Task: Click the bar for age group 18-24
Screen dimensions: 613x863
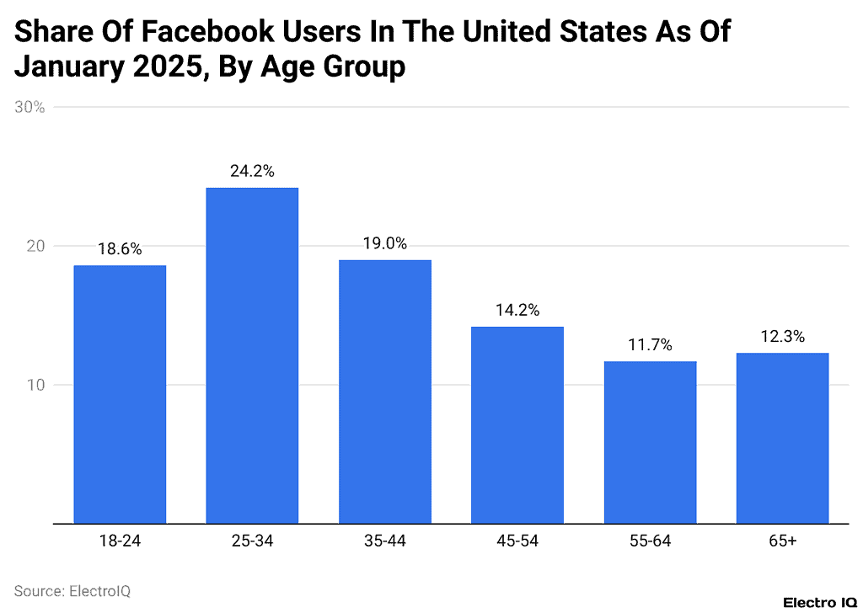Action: (120, 394)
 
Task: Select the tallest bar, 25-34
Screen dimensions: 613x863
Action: (252, 355)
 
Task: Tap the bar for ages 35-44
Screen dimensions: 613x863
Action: (384, 392)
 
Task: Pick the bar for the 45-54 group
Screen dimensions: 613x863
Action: (517, 425)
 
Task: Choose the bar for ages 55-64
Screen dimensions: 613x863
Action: (650, 442)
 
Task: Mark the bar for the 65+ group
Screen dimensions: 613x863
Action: (782, 438)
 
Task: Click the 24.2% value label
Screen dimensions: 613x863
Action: (252, 171)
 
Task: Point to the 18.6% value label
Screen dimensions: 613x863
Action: (120, 249)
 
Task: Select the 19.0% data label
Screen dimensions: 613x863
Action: (384, 243)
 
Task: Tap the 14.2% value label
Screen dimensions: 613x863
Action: (517, 310)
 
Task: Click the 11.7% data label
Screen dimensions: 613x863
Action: (650, 344)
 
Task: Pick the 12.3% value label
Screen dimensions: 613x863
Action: (782, 336)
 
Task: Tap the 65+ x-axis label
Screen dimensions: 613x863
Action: (782, 541)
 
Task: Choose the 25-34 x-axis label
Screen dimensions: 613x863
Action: (252, 541)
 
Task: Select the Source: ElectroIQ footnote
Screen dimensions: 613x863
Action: (72, 591)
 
